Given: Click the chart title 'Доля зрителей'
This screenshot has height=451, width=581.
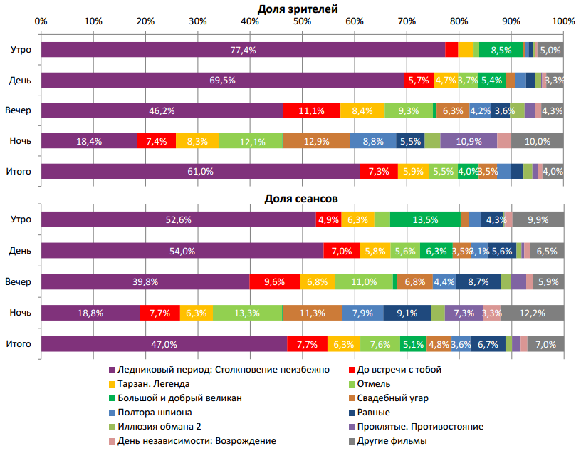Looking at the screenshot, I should (x=298, y=8).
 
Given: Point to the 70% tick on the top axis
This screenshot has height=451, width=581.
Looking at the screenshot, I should (x=407, y=21).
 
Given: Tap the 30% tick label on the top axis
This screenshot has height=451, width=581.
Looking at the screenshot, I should (x=197, y=21).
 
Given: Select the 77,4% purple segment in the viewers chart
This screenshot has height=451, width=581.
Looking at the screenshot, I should (x=243, y=50).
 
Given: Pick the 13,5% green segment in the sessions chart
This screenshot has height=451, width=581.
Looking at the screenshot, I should (x=425, y=220).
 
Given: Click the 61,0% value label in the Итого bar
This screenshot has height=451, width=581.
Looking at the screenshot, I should (x=200, y=172).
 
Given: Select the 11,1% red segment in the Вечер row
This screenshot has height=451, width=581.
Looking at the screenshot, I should (x=311, y=110).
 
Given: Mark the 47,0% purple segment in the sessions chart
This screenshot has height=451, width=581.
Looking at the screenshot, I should (x=164, y=343).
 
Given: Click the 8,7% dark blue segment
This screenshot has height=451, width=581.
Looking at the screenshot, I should (x=478, y=281).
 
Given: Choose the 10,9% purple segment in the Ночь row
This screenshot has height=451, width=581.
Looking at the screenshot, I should (x=469, y=141).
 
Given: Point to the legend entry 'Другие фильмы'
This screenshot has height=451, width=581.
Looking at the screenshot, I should (x=392, y=441).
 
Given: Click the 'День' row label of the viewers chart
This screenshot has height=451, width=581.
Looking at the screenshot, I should (x=20, y=81).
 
